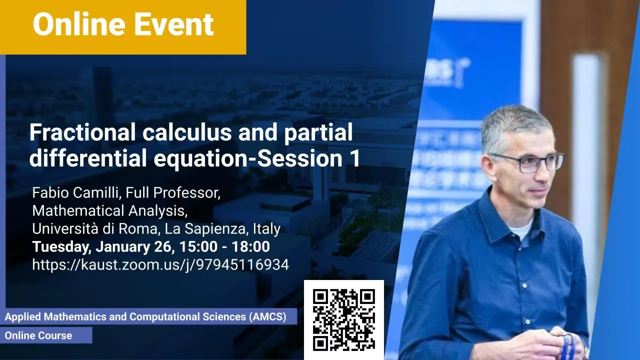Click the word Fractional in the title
point(82,132)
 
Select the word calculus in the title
point(187,132)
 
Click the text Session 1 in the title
point(308,158)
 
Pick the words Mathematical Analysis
point(109,211)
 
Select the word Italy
point(267,228)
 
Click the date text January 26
point(133,246)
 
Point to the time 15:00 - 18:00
point(225,246)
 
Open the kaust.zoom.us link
point(160,265)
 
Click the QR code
point(343,319)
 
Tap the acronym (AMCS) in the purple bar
point(267,317)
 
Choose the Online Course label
point(38,335)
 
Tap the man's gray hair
point(514,125)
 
